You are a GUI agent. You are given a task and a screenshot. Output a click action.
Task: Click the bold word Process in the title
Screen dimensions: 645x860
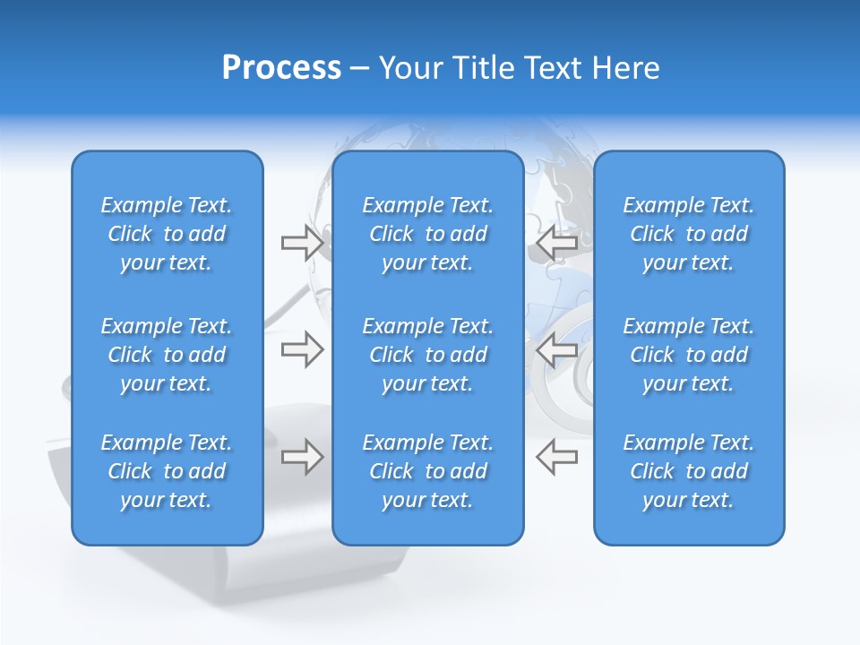click(281, 68)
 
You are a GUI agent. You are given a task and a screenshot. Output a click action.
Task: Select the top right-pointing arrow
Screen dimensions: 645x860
click(302, 243)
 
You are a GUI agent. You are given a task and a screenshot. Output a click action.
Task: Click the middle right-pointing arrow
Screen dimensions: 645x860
click(302, 349)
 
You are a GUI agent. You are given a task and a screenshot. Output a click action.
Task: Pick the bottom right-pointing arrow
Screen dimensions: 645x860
click(302, 457)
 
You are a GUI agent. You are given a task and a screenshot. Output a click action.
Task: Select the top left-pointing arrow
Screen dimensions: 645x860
click(556, 243)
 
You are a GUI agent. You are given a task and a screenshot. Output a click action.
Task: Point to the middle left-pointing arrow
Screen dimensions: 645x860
click(556, 349)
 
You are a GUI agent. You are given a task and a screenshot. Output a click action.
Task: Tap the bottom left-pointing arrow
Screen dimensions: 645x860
click(556, 457)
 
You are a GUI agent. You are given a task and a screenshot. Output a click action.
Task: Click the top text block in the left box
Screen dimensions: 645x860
click(167, 234)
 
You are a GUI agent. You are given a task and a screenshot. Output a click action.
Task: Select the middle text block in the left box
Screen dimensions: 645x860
click(167, 355)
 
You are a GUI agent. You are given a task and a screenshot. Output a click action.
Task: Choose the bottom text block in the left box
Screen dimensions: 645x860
click(167, 471)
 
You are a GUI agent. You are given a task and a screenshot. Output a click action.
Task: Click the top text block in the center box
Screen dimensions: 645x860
click(427, 234)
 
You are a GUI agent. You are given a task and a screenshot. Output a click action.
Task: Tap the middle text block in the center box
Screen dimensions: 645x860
click(427, 355)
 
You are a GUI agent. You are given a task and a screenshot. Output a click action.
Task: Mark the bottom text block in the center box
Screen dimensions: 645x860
click(427, 471)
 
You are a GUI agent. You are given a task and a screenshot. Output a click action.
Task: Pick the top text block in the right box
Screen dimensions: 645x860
click(688, 234)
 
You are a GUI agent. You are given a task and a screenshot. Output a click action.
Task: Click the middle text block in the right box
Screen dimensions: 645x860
click(688, 355)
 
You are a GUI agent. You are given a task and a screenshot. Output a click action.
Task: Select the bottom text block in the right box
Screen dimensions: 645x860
click(688, 471)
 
